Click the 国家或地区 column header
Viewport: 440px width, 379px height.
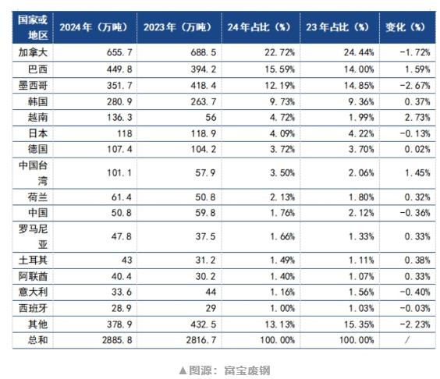coord(33,27)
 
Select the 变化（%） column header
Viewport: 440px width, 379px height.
coord(405,27)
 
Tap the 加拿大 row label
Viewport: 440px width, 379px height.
coord(33,52)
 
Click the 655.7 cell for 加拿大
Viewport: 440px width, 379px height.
coord(119,52)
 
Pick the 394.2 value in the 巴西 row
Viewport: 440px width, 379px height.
coord(204,69)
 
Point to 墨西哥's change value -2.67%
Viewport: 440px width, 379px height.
coord(415,85)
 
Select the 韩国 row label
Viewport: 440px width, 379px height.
coord(37,101)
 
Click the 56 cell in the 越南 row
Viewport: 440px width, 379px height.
coord(211,117)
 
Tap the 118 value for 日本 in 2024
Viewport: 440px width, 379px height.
coord(125,133)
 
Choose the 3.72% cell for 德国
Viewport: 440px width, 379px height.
coord(282,149)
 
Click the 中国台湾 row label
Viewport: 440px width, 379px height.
coord(33,173)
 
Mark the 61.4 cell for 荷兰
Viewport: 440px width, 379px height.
coord(122,197)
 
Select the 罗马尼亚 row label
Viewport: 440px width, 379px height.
coord(33,236)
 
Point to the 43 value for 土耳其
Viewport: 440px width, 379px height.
coord(127,260)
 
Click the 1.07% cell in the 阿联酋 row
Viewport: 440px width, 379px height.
coord(361,276)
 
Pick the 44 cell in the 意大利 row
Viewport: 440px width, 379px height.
coord(211,292)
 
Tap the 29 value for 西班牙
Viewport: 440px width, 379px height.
coord(211,308)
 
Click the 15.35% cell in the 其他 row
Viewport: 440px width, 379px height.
coord(359,324)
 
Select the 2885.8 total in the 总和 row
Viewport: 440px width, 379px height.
coord(117,340)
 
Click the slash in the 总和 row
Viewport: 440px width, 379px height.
coord(407,340)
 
